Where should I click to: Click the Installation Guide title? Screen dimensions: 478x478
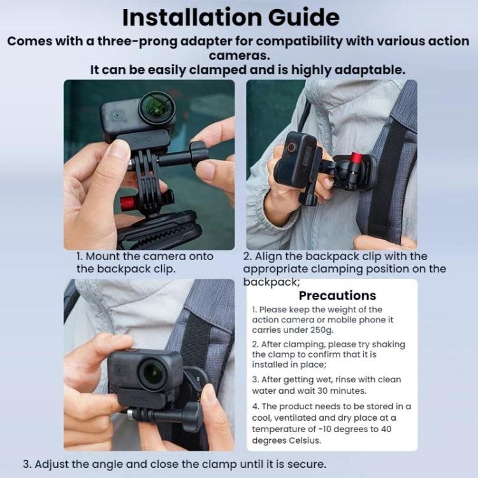click(231, 17)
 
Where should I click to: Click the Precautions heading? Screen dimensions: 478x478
click(337, 296)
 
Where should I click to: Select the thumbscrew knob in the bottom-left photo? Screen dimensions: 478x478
click(191, 416)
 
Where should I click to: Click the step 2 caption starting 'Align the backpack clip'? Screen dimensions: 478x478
click(335, 256)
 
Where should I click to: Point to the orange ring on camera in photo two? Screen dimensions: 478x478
click(292, 147)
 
